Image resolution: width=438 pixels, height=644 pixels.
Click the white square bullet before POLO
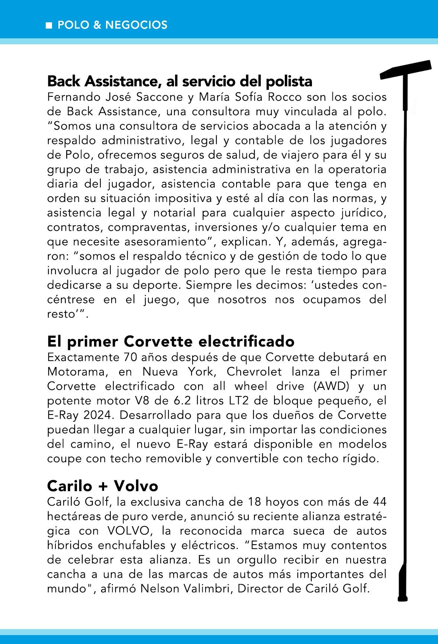[x=48, y=26]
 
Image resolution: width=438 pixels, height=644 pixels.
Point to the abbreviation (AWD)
[x=332, y=386]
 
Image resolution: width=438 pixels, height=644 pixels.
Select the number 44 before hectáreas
[x=379, y=502]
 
